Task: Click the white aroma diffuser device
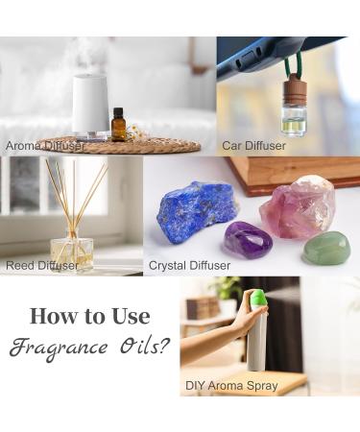click(90, 105)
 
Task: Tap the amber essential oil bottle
click(118, 125)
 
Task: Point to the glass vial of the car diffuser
click(294, 122)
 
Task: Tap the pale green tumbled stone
click(326, 248)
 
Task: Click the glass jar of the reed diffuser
click(72, 254)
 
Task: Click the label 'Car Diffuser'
click(253, 146)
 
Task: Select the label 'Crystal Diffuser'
click(189, 265)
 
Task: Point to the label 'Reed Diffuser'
click(42, 265)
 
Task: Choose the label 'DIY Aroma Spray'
click(231, 386)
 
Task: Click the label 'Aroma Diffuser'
click(45, 146)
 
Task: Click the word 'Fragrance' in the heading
click(59, 348)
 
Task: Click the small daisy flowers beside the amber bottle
click(132, 132)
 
